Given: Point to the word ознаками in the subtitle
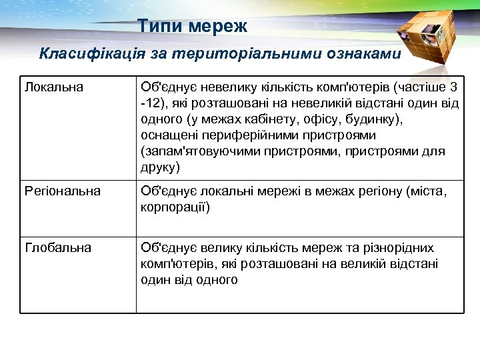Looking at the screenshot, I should pos(363,53).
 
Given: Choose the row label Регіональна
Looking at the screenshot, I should pos(63,192).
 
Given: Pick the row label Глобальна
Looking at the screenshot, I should pos(58,248).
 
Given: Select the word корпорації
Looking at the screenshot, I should pos(175,208).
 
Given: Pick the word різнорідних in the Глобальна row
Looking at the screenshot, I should pos(398,248).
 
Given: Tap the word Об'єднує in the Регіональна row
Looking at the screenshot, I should pos(163,192).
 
